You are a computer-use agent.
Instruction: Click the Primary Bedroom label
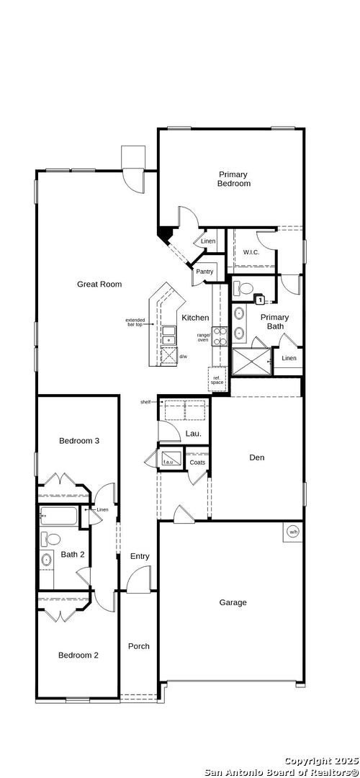coord(234,179)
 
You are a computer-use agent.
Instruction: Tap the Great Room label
coord(99,284)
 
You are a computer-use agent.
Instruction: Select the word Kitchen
coord(195,318)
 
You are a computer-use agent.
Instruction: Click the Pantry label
coord(204,272)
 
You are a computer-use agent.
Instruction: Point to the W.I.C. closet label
coord(251,252)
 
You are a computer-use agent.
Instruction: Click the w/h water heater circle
coord(293,532)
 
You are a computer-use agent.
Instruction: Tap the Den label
coord(257,457)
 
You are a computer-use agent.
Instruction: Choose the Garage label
coord(233,602)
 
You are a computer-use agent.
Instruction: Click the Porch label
coord(139,646)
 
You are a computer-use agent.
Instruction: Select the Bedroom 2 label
coord(78,655)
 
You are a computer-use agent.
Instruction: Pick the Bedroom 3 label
coord(78,440)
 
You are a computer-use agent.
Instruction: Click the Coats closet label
coord(197,462)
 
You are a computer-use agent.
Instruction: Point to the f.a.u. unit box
coord(170,460)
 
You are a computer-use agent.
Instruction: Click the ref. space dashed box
coord(217,379)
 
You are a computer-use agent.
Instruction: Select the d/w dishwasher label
coord(183,357)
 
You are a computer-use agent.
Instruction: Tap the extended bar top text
coord(135,322)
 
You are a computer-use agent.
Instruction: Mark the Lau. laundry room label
coord(193,434)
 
